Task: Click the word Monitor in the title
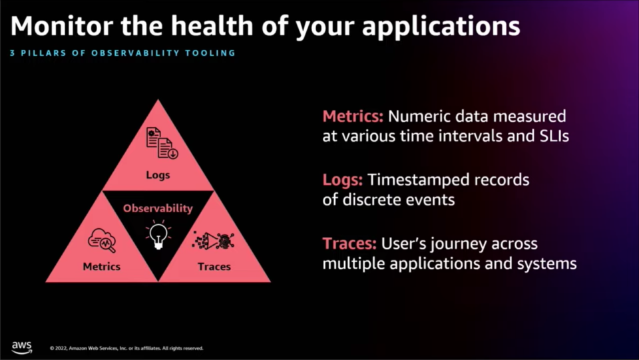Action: [x=62, y=26]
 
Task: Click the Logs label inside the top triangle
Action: [x=158, y=175]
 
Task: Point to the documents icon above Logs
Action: [x=162, y=142]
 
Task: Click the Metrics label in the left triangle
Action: [x=101, y=266]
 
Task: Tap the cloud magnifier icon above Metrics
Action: [x=102, y=240]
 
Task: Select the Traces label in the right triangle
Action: [x=214, y=266]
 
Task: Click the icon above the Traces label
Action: [x=213, y=240]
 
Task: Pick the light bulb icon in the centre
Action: [x=158, y=235]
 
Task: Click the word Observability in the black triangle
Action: [x=158, y=208]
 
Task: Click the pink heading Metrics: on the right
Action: [x=353, y=116]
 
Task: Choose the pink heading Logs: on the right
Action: [x=342, y=180]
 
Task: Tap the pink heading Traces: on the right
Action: [x=349, y=244]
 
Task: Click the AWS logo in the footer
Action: [x=21, y=347]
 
